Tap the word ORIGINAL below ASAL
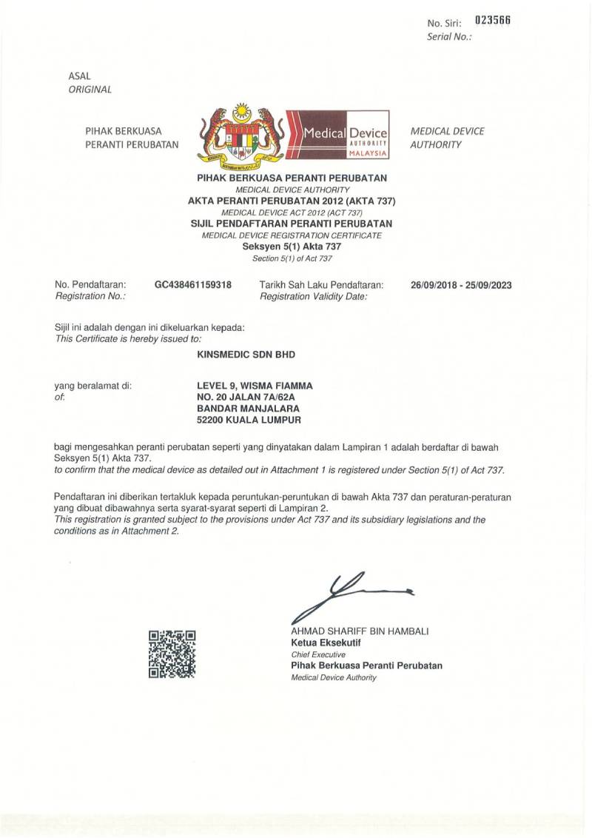click(x=90, y=90)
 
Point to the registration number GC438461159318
click(x=192, y=284)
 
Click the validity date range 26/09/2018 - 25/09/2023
click(x=461, y=285)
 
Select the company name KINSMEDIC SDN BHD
click(x=246, y=355)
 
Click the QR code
click(x=172, y=654)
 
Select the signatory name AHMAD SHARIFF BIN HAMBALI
click(x=360, y=631)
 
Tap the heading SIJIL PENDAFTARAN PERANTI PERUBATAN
click(x=292, y=223)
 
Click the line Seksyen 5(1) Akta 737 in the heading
click(x=292, y=247)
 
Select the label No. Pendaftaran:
click(x=90, y=284)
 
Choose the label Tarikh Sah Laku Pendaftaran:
click(x=321, y=284)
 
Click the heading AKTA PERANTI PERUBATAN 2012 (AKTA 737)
click(x=292, y=201)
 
